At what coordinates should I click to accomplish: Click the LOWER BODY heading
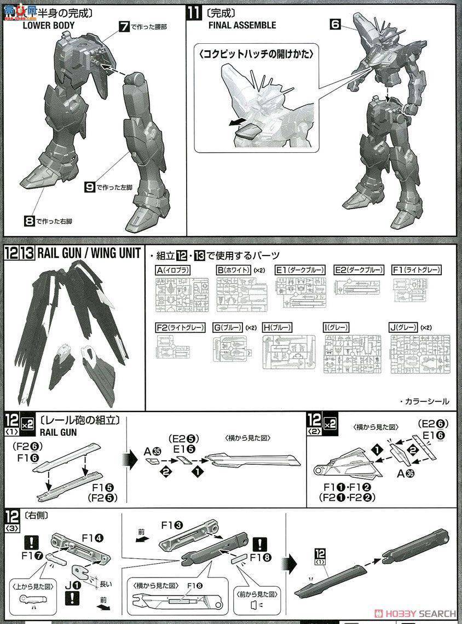point(48,25)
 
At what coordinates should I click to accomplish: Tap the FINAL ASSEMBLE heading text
point(242,25)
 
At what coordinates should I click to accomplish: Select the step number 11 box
point(194,12)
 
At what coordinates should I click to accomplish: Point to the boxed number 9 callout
point(90,187)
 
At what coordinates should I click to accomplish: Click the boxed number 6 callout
point(336,24)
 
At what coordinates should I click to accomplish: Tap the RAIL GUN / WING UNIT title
point(89,255)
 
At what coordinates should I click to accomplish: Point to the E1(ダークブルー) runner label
point(300,270)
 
